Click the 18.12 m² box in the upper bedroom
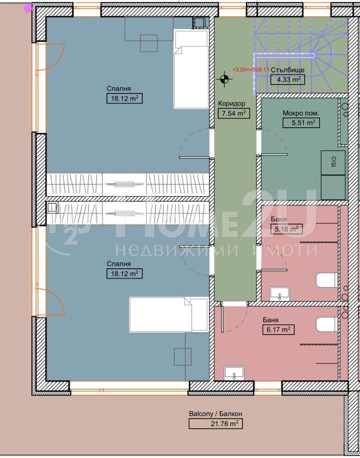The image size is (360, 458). point(125,98)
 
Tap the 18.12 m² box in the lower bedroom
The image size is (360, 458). point(125,274)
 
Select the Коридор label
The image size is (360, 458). point(232,104)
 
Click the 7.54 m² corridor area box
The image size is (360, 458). point(234,113)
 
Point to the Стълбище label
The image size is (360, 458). point(288,70)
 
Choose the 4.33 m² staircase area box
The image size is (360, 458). point(288,79)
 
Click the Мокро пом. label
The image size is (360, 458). point(300,113)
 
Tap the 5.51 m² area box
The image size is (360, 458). point(301,123)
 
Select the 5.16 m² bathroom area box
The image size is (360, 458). point(286,229)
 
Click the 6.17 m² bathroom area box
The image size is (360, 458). point(278,329)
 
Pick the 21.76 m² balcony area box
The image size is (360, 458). point(216,423)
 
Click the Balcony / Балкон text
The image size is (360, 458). point(216,414)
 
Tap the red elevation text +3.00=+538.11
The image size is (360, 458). point(251,70)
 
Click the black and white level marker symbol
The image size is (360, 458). point(224,79)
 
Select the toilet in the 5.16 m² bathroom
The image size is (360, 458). point(327,280)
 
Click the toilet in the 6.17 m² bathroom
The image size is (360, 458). point(327,324)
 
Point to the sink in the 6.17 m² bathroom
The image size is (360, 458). point(234,373)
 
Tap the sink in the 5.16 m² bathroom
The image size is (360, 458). point(280,294)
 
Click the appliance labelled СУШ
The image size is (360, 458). point(333,163)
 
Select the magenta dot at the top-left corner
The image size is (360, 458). point(28,8)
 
